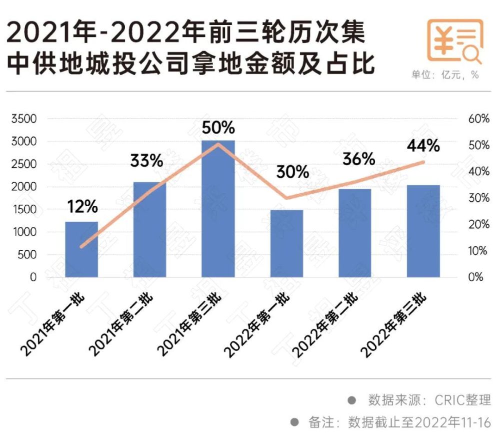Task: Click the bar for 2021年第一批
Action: [x=81, y=249]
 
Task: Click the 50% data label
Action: [x=218, y=129]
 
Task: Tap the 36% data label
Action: [x=358, y=159]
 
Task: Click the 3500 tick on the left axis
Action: [x=24, y=119]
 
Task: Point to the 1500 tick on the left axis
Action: [x=24, y=209]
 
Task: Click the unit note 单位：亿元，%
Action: [x=445, y=75]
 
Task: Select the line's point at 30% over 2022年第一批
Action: [x=286, y=198]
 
